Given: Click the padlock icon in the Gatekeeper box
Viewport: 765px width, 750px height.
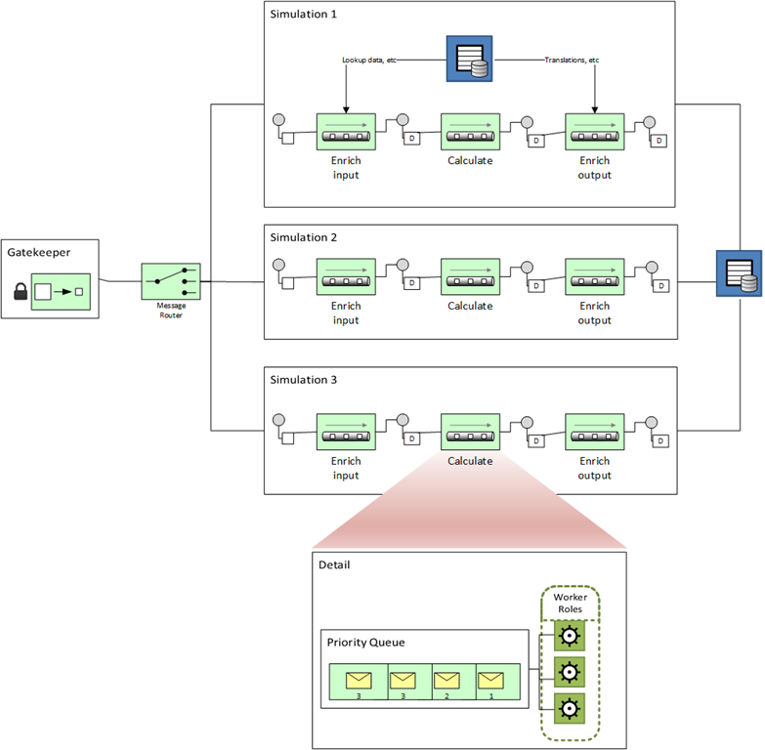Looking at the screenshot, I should pyautogui.click(x=20, y=291).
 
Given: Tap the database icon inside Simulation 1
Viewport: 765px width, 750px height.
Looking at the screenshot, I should pyautogui.click(x=469, y=59).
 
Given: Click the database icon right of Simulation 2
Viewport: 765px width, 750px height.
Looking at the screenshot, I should pyautogui.click(x=739, y=274).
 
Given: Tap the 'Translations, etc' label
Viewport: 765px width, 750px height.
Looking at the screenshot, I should pyautogui.click(x=573, y=60).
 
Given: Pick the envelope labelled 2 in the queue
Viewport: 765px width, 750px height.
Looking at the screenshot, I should pyautogui.click(x=446, y=680).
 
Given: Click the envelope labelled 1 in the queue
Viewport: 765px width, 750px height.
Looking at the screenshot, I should pyautogui.click(x=490, y=680).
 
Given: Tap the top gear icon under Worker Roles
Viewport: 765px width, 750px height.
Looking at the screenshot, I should pyautogui.click(x=568, y=637).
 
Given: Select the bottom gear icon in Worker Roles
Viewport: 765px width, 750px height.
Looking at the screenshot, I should pyautogui.click(x=568, y=707).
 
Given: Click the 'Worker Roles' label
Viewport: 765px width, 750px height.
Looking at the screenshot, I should pyautogui.click(x=570, y=604).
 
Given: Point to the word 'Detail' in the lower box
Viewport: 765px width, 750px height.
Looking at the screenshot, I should pyautogui.click(x=335, y=565).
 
